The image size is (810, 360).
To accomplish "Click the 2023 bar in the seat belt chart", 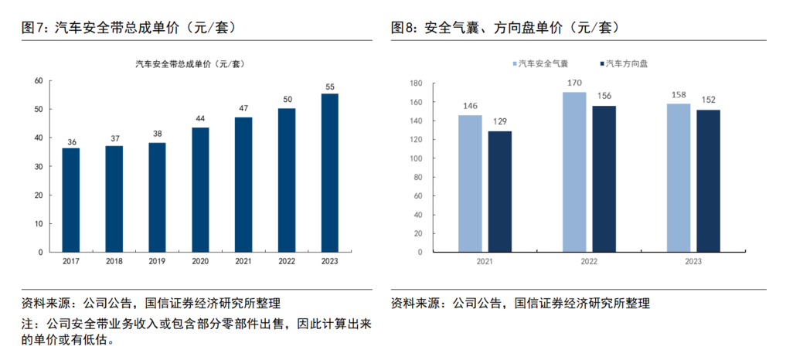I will pos(330,172).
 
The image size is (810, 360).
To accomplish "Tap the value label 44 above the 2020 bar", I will pos(200,118).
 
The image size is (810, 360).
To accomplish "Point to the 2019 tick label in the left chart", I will pos(157,262).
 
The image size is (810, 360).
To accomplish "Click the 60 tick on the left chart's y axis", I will pos(38,80).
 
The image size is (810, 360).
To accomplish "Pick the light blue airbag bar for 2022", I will pos(574,172).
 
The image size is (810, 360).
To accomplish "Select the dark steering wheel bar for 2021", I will pos(499,191).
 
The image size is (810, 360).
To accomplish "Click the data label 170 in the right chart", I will pos(574,83).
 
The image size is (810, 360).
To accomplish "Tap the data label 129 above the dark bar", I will pos(499,122).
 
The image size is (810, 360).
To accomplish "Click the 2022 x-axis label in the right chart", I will pos(589,262).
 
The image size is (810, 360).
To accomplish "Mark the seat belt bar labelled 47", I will pos(243,184).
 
